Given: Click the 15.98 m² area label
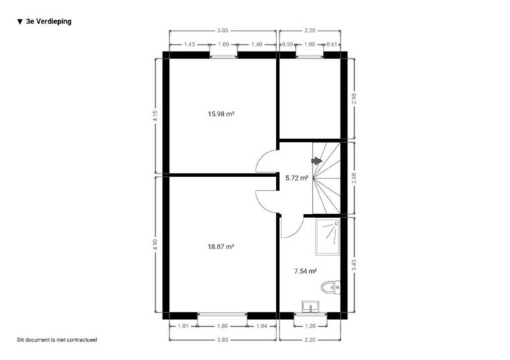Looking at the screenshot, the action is coord(221,114).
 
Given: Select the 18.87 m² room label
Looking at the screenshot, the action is coord(221,247).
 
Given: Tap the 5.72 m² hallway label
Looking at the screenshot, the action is coord(297,178).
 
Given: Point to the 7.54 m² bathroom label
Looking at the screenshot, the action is coord(306,271).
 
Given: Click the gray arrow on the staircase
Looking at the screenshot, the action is coord(317,161).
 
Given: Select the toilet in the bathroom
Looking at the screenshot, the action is coord(331,287).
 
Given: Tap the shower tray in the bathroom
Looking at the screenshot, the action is coord(328,237).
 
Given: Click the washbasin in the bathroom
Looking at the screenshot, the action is coord(310,307).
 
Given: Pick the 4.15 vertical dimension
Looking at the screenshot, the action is coord(155,116).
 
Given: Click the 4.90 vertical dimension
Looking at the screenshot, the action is coord(155,244).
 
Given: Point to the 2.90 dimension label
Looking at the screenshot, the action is coord(354,98).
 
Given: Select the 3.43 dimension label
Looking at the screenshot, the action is coord(354,264).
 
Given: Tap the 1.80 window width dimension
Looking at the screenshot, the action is coord(222,326).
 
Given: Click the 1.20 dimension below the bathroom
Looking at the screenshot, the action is coord(310,326).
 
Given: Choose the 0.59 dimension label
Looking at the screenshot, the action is coord(288,44).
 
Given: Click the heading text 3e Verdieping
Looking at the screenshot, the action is coord(49,21).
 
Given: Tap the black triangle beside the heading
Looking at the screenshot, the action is coord(20,21).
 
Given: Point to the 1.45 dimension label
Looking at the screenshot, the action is coord(189,44).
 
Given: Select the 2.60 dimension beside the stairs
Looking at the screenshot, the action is coord(354,178).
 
